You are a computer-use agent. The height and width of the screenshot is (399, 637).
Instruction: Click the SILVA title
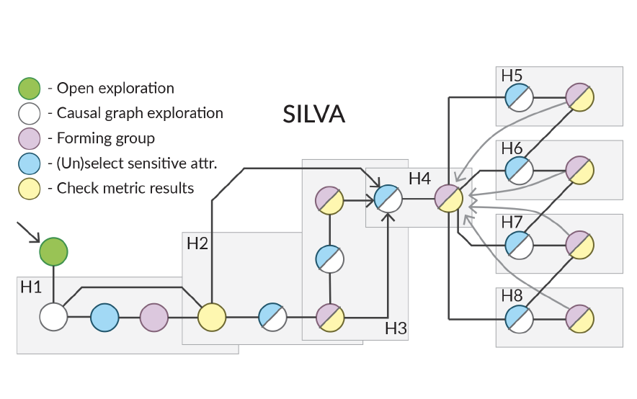click(313, 114)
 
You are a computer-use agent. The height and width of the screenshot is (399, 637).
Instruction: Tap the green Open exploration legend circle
click(30, 89)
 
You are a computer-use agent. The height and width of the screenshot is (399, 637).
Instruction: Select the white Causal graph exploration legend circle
click(30, 113)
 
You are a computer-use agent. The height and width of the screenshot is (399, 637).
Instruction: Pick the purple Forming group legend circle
click(30, 138)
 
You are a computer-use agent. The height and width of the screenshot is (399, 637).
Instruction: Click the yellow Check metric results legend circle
click(30, 189)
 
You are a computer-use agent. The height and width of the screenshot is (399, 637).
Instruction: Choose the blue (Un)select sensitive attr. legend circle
click(30, 163)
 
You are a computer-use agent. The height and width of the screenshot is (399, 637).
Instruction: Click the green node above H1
click(53, 252)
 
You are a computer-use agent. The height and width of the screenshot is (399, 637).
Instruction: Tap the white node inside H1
click(53, 317)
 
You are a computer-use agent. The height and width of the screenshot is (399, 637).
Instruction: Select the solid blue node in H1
click(104, 318)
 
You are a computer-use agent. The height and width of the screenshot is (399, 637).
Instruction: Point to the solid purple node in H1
click(154, 318)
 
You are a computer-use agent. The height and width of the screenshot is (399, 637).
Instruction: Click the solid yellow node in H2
click(212, 317)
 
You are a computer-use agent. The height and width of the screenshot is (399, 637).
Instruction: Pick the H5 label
click(512, 76)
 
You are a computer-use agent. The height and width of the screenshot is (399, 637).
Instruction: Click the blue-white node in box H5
click(520, 97)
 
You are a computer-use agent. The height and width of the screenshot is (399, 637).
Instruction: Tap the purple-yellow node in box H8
click(580, 319)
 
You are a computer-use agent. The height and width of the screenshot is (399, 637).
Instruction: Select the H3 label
click(396, 328)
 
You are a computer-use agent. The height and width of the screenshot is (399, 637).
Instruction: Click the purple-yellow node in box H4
click(448, 199)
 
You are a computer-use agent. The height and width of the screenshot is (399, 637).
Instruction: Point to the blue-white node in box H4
click(388, 199)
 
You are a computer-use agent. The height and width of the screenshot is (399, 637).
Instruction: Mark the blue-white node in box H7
click(520, 245)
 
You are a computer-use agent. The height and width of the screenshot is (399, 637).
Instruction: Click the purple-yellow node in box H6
click(580, 171)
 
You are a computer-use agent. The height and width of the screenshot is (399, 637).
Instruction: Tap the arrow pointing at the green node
click(28, 232)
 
